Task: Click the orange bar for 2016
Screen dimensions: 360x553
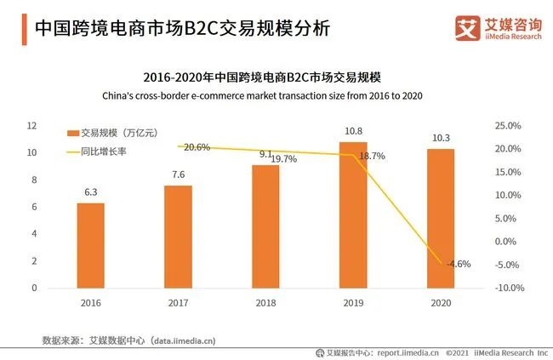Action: [91, 246]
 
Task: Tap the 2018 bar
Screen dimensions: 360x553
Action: [265, 226]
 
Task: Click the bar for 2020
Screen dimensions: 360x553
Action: [441, 219]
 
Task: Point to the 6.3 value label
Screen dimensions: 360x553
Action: [91, 193]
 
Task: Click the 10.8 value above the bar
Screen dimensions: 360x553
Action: [352, 131]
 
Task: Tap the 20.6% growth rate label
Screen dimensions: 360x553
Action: [197, 147]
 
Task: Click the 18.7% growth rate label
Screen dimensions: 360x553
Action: [372, 157]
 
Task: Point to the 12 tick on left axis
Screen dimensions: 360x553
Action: [31, 126]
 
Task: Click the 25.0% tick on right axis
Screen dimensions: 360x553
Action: [507, 126]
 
